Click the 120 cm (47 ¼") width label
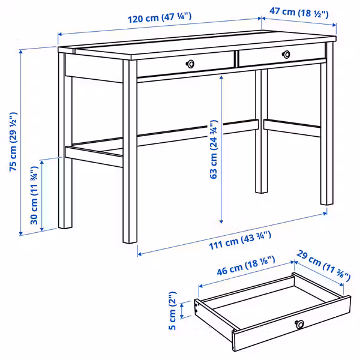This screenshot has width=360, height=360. click(159, 18)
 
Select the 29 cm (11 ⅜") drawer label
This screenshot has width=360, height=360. click(325, 266)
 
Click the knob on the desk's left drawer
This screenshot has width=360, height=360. click(190, 64)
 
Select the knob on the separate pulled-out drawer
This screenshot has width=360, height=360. click(299, 325)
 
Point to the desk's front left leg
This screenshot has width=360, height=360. click(130, 156)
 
